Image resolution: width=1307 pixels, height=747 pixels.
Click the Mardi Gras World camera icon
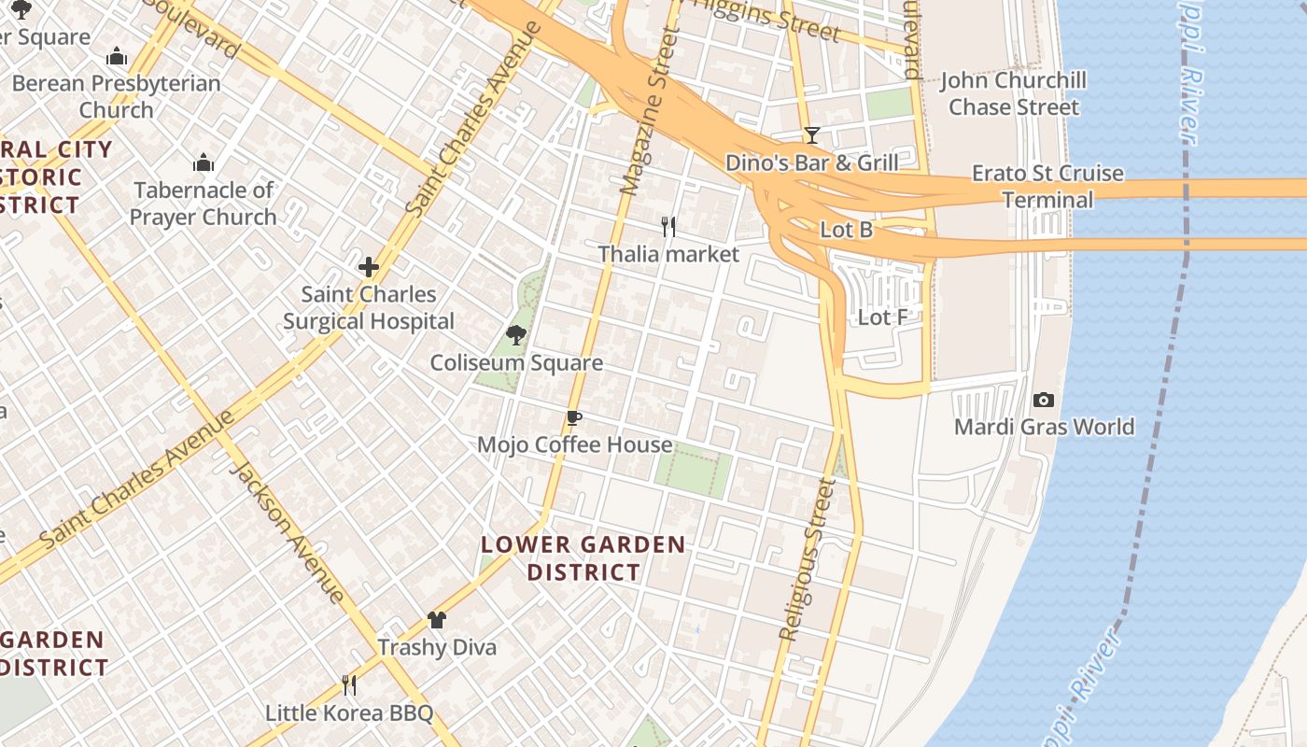(x=1044, y=401)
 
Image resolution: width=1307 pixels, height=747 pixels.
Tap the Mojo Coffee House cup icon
(x=574, y=417)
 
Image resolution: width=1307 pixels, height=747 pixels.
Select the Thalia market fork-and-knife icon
(x=668, y=226)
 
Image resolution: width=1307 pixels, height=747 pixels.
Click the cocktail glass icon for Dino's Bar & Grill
(x=812, y=135)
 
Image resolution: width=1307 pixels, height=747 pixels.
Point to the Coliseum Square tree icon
(x=515, y=335)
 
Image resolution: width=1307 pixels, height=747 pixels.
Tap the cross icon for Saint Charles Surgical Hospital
(x=369, y=267)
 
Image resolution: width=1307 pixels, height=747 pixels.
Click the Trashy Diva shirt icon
(x=436, y=619)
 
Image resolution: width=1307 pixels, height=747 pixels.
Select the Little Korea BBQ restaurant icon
(x=349, y=685)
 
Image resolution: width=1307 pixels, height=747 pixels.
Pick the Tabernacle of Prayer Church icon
(x=204, y=163)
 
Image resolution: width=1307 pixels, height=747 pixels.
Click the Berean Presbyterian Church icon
(x=117, y=56)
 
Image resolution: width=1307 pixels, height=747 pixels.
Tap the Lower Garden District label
(x=583, y=558)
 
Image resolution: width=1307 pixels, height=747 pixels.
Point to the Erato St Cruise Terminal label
(x=1047, y=187)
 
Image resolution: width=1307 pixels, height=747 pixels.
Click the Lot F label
(x=882, y=317)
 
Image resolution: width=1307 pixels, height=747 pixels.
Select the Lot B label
(x=846, y=230)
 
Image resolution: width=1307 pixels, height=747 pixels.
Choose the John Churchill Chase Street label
(x=1013, y=93)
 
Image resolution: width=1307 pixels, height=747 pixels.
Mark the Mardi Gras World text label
(x=1044, y=428)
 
